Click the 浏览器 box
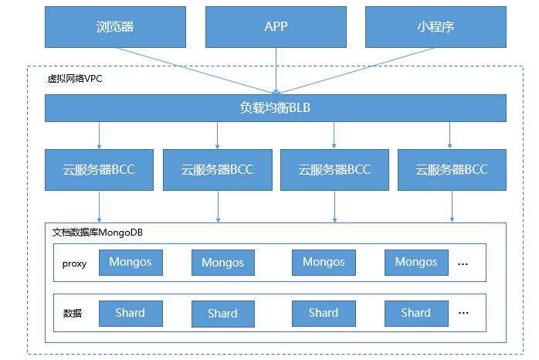pyautogui.click(x=115, y=27)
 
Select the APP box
pyautogui.click(x=276, y=27)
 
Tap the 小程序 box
pyautogui.click(x=436, y=27)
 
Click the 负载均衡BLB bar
pyautogui.click(x=276, y=108)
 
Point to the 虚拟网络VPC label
pyautogui.click(x=75, y=79)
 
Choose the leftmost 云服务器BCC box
pyautogui.click(x=99, y=169)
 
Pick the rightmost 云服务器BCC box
pyautogui.click(x=452, y=169)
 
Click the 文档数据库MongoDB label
pyautogui.click(x=97, y=233)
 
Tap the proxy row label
pyautogui.click(x=74, y=263)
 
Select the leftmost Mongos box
pyautogui.click(x=131, y=263)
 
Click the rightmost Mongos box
pyautogui.click(x=416, y=263)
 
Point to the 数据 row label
pyautogui.click(x=73, y=313)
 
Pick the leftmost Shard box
pyautogui.click(x=131, y=313)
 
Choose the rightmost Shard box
pyautogui.click(x=416, y=313)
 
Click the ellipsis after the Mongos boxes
pyautogui.click(x=463, y=264)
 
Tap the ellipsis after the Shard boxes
pyautogui.click(x=463, y=313)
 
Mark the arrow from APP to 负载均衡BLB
pyautogui.click(x=276, y=71)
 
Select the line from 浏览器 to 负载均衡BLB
pyautogui.click(x=195, y=71)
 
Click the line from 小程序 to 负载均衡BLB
pyautogui.click(x=355, y=71)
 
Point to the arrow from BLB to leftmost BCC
pyautogui.click(x=99, y=135)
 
